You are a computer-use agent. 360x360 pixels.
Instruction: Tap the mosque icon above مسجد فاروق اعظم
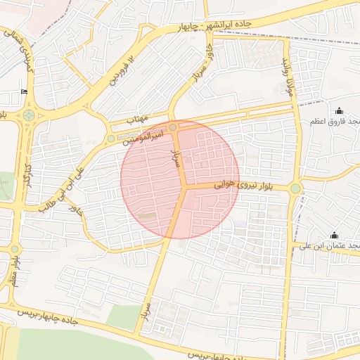pos(340,110)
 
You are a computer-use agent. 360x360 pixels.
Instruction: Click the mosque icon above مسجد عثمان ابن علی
pos(334,235)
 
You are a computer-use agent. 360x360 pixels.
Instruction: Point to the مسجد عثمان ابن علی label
pos(330,246)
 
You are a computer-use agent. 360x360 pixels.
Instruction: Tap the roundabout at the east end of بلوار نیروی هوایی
pos(295,188)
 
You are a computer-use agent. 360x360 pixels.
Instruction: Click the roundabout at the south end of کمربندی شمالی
pos(28,115)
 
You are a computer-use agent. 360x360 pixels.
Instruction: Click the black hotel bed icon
pos(25,91)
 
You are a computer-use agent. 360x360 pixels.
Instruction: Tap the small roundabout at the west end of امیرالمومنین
pos(111,139)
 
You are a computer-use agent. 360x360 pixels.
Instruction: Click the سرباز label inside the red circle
pos(176,157)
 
